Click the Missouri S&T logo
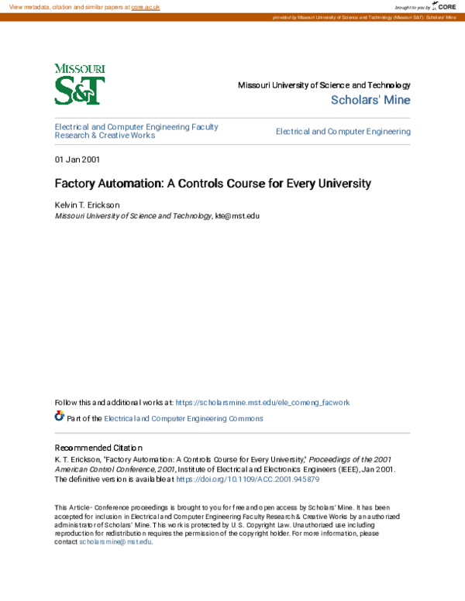click(80, 84)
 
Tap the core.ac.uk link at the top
click(145, 7)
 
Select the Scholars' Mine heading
click(370, 100)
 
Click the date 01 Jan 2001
click(77, 160)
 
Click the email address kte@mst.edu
click(237, 216)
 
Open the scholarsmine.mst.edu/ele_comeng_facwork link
click(263, 403)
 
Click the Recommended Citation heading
click(98, 448)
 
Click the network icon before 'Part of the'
click(60, 417)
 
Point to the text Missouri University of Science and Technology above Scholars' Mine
click(324, 85)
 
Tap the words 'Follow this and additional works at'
click(113, 403)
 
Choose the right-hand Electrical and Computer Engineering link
click(343, 132)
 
